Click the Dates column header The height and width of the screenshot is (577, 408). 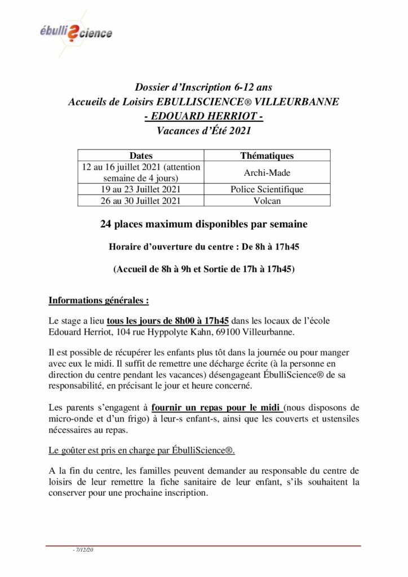(x=140, y=156)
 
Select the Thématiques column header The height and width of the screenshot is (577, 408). (x=267, y=156)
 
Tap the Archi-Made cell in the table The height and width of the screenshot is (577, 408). (x=267, y=172)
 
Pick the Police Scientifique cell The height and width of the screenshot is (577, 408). (x=267, y=189)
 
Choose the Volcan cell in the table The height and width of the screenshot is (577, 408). (x=267, y=200)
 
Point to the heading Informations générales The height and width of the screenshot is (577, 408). (x=99, y=300)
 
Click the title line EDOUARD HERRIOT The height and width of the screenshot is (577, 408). (x=203, y=117)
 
